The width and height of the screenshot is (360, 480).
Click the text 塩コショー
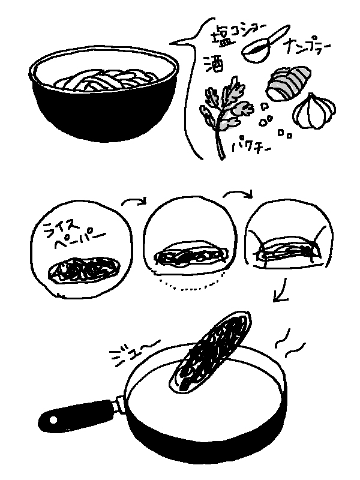tap(239, 33)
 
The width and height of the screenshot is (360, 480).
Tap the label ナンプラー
tap(308, 47)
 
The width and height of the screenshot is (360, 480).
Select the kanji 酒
tap(214, 64)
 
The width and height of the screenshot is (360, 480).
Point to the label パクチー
tap(251, 147)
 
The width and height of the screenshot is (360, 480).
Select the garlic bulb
tap(314, 111)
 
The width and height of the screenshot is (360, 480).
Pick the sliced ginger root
tap(288, 82)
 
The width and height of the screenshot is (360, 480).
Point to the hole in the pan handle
tap(53, 419)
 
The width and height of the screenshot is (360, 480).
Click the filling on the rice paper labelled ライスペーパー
tap(83, 270)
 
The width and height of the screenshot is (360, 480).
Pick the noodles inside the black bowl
tap(106, 80)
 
